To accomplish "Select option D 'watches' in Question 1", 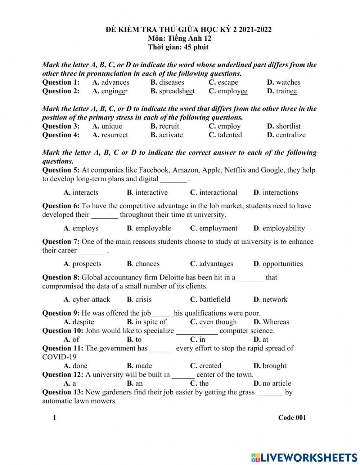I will click(x=288, y=82).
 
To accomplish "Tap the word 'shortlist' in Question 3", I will click(x=288, y=126).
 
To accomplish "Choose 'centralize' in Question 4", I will click(x=291, y=135).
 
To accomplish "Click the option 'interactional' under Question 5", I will click(x=218, y=193).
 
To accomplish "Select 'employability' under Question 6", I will click(x=283, y=228).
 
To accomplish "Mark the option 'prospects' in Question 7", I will click(x=87, y=264).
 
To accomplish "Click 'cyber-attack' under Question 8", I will click(x=91, y=300).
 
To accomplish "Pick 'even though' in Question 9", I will click(x=218, y=322).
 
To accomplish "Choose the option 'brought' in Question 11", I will click(x=274, y=366).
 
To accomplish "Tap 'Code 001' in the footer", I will click(x=292, y=418).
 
